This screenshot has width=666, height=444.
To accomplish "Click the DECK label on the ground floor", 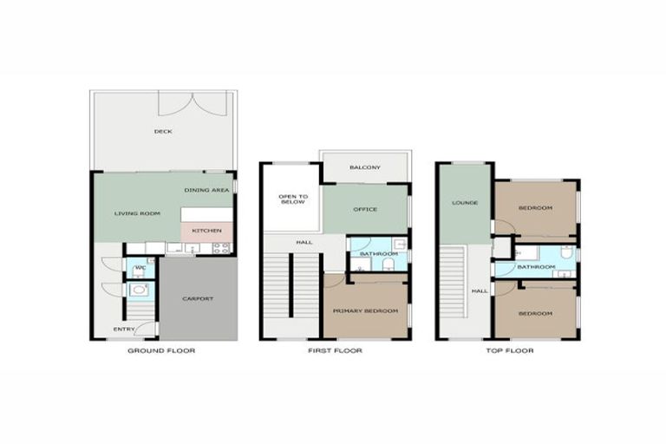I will click(x=163, y=132).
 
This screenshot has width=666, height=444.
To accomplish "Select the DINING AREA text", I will click(x=206, y=189).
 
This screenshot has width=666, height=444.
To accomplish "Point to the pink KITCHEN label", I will click(x=206, y=231).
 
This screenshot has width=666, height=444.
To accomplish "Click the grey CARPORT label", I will click(x=198, y=299).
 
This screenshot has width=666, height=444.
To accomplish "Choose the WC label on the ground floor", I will click(x=139, y=268).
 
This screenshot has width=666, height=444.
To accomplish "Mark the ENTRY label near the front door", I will click(x=124, y=329).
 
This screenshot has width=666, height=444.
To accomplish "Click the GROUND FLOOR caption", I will click(x=161, y=351).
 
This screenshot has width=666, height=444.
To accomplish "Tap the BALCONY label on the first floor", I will click(x=364, y=167).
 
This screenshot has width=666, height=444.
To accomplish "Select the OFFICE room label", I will click(x=364, y=209).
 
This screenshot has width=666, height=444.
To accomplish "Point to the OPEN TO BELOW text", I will click(x=291, y=200).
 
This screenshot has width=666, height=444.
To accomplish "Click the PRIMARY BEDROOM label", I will click(x=365, y=310).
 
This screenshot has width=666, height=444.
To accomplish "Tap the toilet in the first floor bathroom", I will click(x=390, y=263).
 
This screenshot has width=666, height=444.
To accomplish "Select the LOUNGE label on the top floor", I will click(x=465, y=202).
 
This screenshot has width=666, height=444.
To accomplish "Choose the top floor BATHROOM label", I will click(x=536, y=267).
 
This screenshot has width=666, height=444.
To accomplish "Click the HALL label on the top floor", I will click(x=480, y=291).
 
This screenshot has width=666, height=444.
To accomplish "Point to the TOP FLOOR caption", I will click(x=508, y=351).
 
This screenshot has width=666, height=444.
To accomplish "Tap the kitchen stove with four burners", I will click(x=221, y=248).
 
